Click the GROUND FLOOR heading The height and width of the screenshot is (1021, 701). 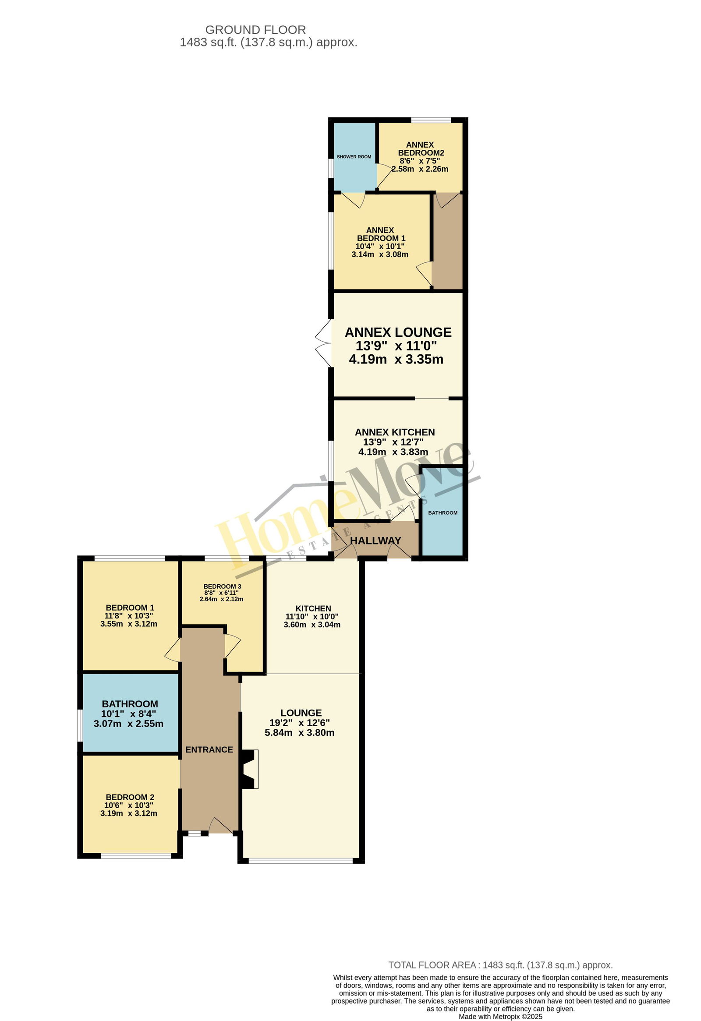(255, 30)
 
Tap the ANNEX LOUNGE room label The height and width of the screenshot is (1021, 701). (398, 332)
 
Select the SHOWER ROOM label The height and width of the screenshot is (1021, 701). (354, 157)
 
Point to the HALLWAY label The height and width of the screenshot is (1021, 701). (375, 541)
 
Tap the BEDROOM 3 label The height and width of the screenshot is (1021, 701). (222, 586)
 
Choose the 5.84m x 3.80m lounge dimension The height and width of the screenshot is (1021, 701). (299, 732)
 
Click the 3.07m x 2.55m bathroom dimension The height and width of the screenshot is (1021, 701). (128, 724)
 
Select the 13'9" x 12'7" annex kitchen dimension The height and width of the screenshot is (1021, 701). (393, 442)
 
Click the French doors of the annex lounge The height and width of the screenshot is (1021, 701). (323, 343)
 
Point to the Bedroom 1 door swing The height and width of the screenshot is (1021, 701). (173, 649)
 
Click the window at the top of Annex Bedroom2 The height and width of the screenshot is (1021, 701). (431, 120)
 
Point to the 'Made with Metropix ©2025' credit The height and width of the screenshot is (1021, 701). (500, 1017)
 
